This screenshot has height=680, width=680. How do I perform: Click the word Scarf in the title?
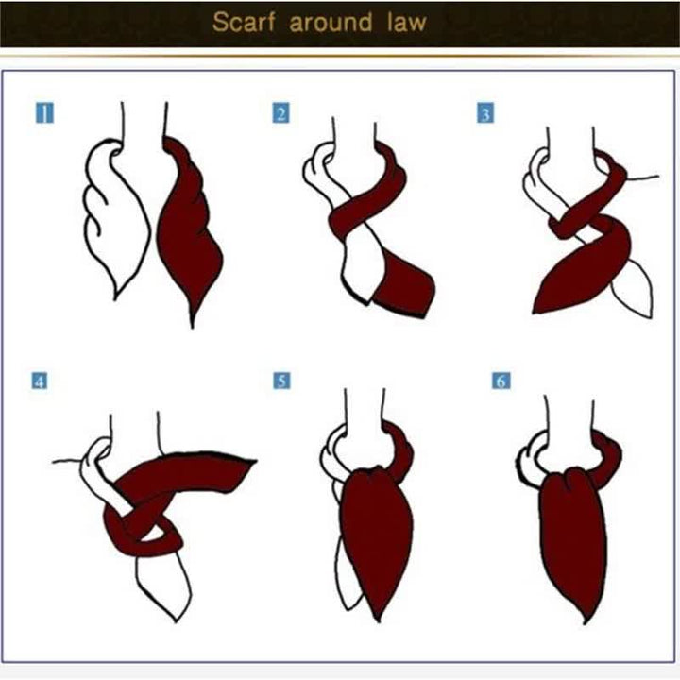point(243,23)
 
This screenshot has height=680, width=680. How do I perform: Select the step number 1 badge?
point(43,114)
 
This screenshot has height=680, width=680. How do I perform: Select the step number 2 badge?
point(281,114)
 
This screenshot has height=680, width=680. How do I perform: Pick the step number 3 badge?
point(484,114)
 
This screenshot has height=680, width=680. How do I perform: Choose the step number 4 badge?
point(40,382)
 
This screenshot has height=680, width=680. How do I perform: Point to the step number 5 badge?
point(281,382)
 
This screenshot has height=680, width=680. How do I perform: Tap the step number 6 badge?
point(501,382)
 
